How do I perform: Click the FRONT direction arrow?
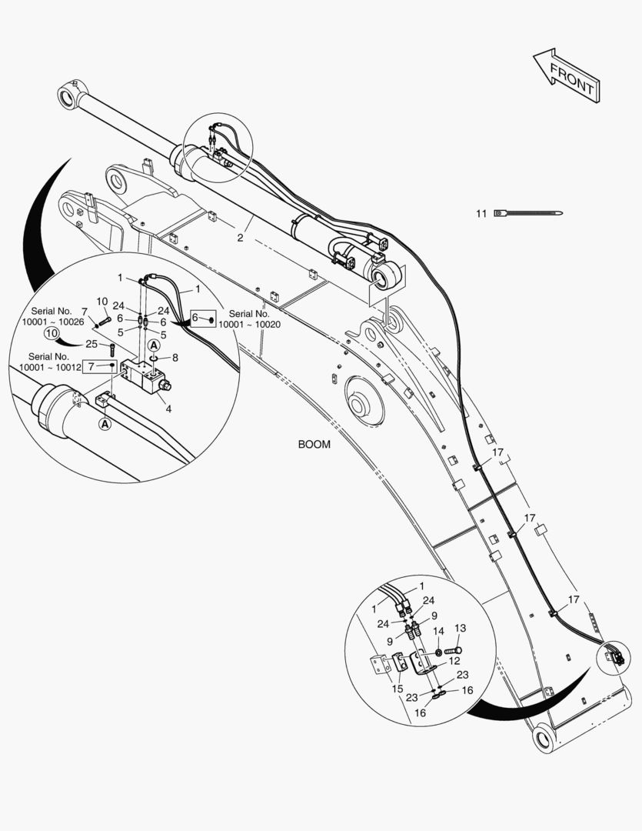coord(567,75)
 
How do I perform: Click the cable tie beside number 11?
coord(528,213)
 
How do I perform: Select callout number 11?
coord(481,214)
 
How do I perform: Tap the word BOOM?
coord(314,444)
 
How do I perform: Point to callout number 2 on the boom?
coord(240,238)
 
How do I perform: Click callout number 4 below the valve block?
coord(168,409)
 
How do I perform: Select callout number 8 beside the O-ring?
coord(175,358)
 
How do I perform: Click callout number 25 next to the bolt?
coord(91,344)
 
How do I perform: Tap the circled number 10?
coord(52,333)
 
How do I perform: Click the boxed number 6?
coord(204,318)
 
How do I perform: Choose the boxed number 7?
coord(100,366)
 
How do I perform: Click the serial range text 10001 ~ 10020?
coord(249,325)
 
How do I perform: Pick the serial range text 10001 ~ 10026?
coord(53,322)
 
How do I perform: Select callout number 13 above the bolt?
coord(461,628)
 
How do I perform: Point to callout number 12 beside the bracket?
coord(454,661)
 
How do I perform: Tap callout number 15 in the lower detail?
coord(398,689)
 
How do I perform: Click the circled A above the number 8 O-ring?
coord(154,345)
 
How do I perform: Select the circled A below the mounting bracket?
coord(105,423)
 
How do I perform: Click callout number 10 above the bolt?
coord(101,302)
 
